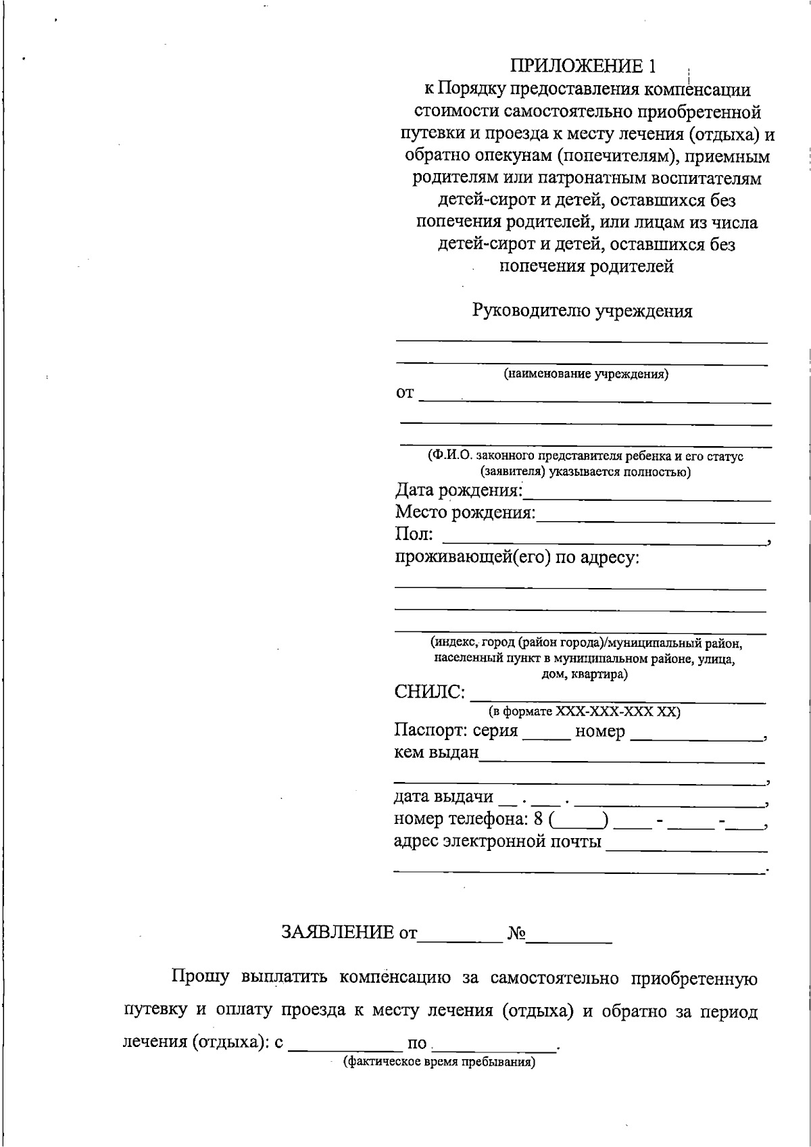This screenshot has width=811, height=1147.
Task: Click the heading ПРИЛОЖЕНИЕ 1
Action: coord(583,66)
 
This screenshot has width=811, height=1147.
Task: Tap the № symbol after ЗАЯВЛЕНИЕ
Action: coord(517,933)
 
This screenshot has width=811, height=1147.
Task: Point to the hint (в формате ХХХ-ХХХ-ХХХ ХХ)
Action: coord(584,712)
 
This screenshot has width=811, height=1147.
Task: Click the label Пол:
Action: coord(414,535)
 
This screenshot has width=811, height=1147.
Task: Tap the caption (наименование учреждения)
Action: coord(586,374)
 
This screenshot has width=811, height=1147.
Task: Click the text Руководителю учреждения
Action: coord(582,311)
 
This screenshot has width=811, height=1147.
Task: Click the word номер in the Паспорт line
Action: coord(599,731)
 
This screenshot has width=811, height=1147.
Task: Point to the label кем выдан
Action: coord(436,752)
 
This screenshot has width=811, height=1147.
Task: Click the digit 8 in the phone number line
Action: coord(538,819)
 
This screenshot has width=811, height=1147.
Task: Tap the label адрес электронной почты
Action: coord(497,841)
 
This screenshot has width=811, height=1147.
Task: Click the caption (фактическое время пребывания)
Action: coord(439,1062)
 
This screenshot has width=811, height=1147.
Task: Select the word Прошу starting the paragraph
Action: coord(201,978)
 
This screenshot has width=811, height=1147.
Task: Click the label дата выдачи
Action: coord(443,797)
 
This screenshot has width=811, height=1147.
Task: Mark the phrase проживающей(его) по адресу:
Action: coord(517,558)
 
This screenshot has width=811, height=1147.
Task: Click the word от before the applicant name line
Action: coord(404,393)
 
